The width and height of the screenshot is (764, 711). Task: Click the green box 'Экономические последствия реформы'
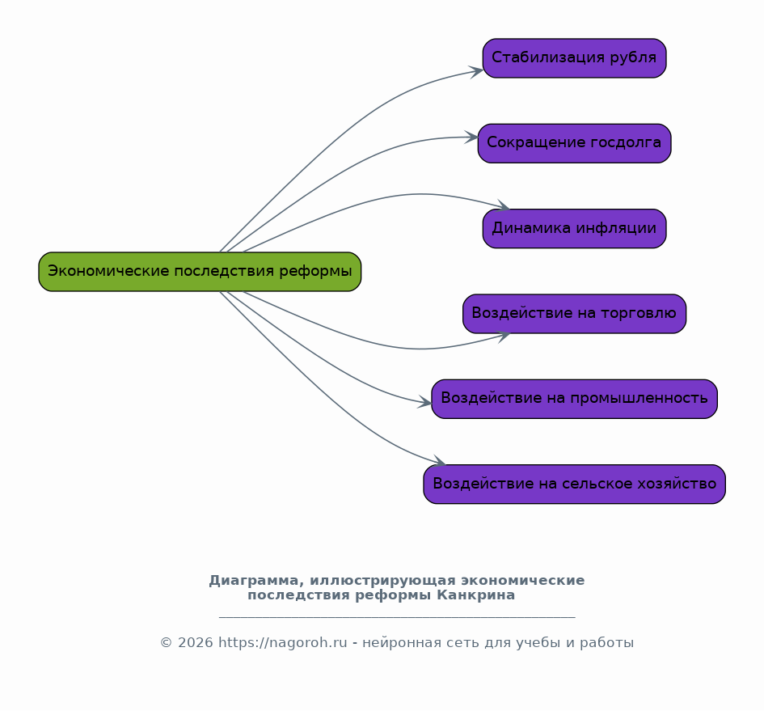[200, 272]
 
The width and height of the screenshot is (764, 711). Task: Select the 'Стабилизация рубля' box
[575, 58]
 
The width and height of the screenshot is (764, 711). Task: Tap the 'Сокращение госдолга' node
[575, 143]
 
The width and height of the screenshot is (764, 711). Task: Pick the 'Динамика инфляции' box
[575, 229]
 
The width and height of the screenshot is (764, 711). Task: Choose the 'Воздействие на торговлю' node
[575, 314]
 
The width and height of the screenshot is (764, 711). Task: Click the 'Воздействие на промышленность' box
[575, 399]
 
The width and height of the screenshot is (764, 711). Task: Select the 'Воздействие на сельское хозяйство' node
[575, 485]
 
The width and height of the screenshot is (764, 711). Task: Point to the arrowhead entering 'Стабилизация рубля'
[476, 72]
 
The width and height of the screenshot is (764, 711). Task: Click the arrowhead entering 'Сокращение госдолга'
[471, 138]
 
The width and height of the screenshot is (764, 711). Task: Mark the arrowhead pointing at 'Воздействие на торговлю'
[504, 336]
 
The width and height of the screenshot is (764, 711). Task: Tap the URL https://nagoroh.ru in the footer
[283, 643]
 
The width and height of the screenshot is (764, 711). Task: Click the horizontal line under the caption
[397, 618]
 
